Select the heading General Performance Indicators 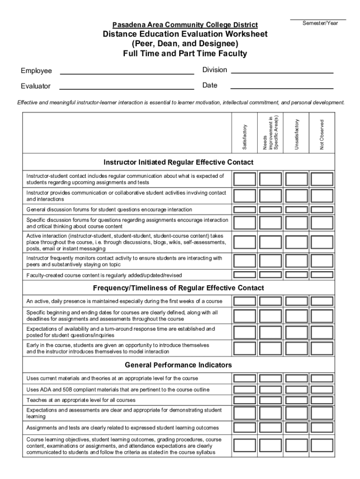pyautogui.click(x=178, y=365)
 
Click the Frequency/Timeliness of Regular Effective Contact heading pyautogui.click(x=178, y=288)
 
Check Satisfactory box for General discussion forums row pyautogui.click(x=245, y=210)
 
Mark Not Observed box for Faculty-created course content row pyautogui.click(x=322, y=275)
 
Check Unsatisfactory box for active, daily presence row pyautogui.click(x=296, y=301)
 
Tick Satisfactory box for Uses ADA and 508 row pyautogui.click(x=245, y=389)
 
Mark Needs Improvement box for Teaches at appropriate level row pyautogui.click(x=270, y=400)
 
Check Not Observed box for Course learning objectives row pyautogui.click(x=322, y=446)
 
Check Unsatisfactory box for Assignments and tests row pyautogui.click(x=296, y=428)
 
